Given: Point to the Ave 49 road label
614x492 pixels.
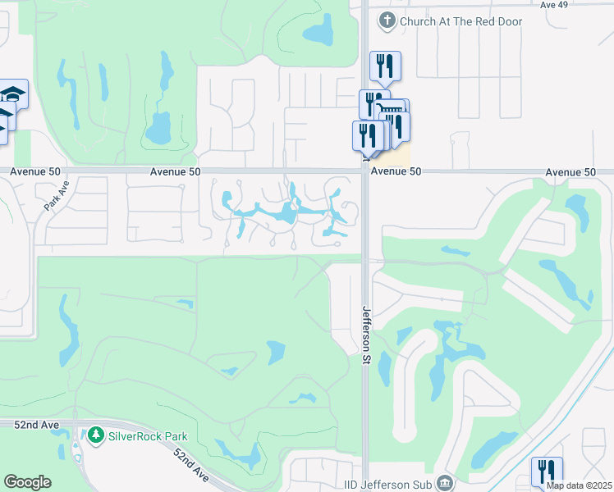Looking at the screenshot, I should tap(554, 5).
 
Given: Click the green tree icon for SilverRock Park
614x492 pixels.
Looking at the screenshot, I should tap(97, 434).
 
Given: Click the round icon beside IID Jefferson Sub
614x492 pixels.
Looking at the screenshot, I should tap(445, 482).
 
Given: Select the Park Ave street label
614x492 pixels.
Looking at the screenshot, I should tap(58, 198).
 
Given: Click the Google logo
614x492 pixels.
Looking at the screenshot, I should tap(27, 482).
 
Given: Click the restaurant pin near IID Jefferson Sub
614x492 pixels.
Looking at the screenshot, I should tap(547, 471).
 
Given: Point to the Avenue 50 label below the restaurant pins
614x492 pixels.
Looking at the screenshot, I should tap(396, 172).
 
